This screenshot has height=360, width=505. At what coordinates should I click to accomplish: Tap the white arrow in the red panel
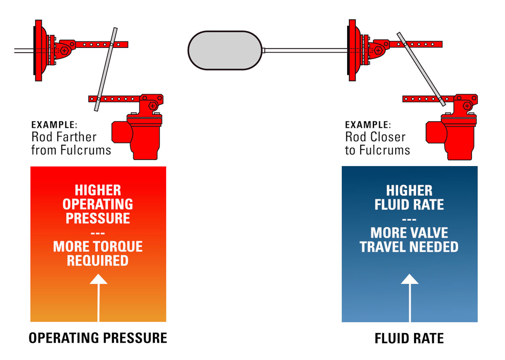[x=98, y=294]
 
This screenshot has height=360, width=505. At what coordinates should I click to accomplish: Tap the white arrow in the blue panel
[x=409, y=294]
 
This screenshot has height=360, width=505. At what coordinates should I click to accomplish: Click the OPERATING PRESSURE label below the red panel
[x=98, y=338]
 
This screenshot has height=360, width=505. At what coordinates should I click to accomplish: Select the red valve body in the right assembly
[x=452, y=135]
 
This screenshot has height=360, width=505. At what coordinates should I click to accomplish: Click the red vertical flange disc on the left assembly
[x=38, y=50]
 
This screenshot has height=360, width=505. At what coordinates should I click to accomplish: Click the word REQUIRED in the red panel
[x=98, y=261]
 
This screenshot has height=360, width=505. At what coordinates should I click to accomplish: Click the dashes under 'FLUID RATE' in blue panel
[x=409, y=219]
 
